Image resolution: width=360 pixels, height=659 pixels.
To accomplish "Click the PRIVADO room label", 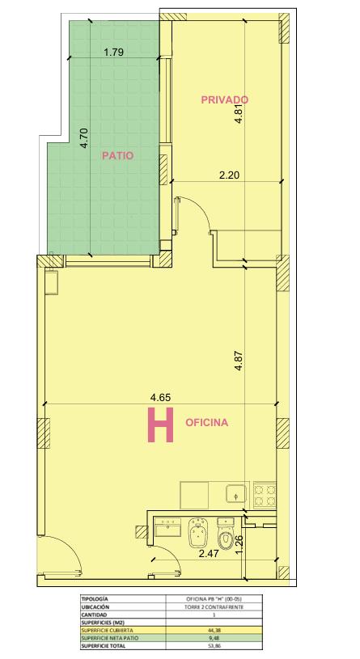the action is pyautogui.click(x=225, y=100).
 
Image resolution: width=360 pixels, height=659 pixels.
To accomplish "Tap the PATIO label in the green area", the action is pyautogui.click(x=118, y=156).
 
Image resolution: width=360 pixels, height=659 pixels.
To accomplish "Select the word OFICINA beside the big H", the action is pyautogui.click(x=207, y=423).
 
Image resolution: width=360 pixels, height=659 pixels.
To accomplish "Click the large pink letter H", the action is pyautogui.click(x=160, y=425).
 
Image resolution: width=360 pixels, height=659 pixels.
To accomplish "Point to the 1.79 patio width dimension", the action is pyautogui.click(x=113, y=53).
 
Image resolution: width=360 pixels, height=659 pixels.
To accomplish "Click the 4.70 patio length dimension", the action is pyautogui.click(x=84, y=138).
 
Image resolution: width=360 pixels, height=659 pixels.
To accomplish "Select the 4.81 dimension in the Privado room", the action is pyautogui.click(x=239, y=113).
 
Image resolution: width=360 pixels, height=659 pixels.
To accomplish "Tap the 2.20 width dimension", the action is pyautogui.click(x=230, y=175).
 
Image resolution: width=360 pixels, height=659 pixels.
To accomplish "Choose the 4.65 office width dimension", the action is pyautogui.click(x=161, y=397).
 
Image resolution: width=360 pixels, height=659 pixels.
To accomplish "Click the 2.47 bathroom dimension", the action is pyautogui.click(x=209, y=554).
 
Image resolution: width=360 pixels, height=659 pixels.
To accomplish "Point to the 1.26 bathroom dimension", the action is pyautogui.click(x=239, y=544).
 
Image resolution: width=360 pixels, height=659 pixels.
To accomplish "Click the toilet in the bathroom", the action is pyautogui.click(x=226, y=533).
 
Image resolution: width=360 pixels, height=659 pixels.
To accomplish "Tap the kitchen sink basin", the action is pyautogui.click(x=237, y=493).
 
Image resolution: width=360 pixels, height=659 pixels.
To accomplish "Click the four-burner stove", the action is pyautogui.click(x=263, y=495).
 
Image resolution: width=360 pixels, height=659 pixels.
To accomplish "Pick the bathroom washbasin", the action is pyautogui.click(x=167, y=527).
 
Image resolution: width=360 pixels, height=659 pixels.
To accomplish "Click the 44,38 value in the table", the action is pyautogui.click(x=214, y=631).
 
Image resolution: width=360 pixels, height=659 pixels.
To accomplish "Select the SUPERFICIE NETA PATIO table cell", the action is pyautogui.click(x=123, y=638).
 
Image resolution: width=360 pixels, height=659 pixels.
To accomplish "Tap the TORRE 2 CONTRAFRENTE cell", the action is pyautogui.click(x=214, y=607).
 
